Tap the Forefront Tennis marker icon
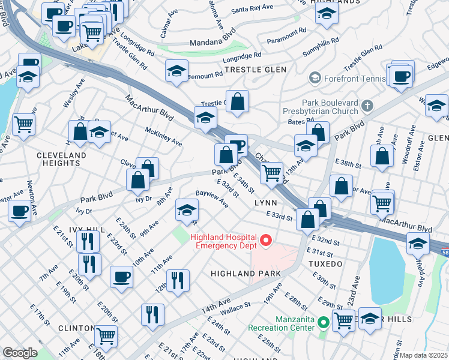tap(314, 77)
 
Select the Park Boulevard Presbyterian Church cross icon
tap(367, 106)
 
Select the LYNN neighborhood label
tap(265, 203)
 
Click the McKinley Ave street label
tap(164, 136)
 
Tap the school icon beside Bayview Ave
tap(187, 210)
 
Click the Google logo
tap(20, 353)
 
